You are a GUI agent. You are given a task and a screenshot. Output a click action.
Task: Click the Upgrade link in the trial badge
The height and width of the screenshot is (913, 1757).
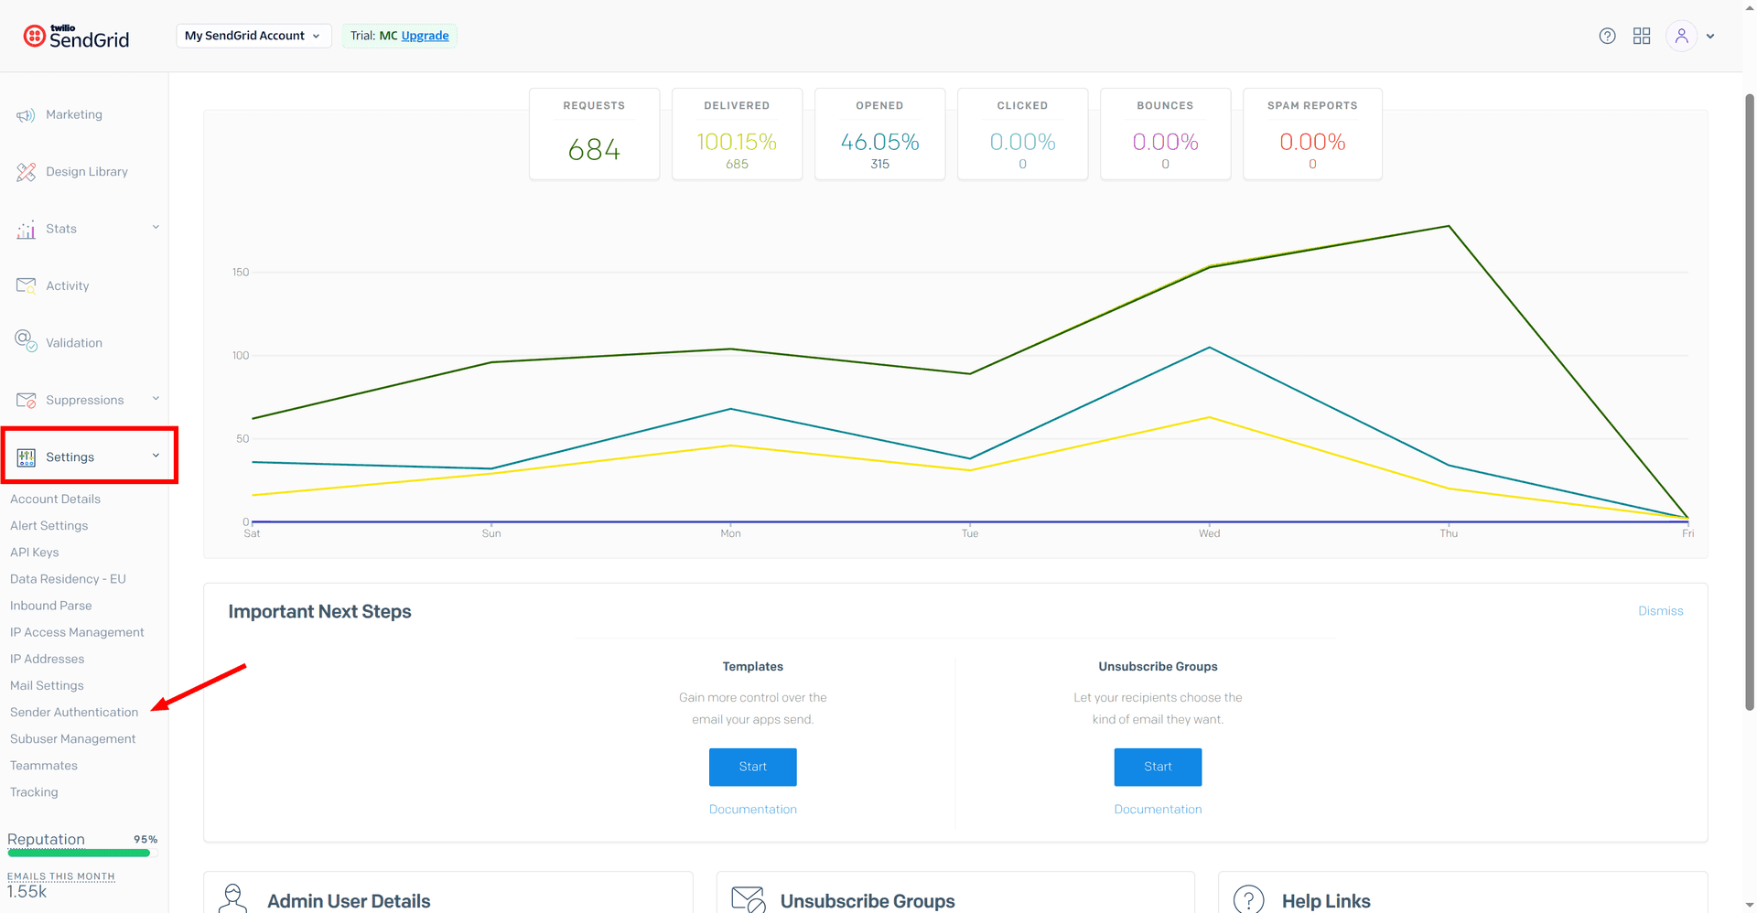coord(425,36)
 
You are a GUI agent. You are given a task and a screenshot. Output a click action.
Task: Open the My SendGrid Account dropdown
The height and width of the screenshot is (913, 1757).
coord(253,36)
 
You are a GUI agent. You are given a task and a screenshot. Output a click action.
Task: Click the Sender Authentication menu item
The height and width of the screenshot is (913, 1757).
coord(74,712)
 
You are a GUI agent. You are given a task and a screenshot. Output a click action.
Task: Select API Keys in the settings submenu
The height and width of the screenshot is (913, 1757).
coord(35,552)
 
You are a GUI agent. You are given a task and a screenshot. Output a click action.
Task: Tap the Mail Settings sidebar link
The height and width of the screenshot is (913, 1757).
coord(47,685)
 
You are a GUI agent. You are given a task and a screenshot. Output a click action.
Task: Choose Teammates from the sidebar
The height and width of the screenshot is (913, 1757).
coord(44,765)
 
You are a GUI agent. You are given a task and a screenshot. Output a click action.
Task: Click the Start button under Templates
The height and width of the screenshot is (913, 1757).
coord(752,767)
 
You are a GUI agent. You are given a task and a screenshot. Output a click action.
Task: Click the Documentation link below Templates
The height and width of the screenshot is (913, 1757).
coord(752,809)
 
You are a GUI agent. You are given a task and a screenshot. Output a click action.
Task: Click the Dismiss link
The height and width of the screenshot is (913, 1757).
coord(1660,610)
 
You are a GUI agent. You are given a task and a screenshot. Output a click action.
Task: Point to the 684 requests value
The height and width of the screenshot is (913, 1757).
coord(594,149)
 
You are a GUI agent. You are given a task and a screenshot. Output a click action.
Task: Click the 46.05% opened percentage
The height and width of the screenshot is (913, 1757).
coord(879,142)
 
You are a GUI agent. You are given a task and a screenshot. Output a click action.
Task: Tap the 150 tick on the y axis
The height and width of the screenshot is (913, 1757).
coord(241,272)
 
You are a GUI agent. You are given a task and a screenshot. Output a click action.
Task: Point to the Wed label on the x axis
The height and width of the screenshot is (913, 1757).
coord(1209,533)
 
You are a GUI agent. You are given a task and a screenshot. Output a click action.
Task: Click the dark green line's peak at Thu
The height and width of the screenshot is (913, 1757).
coord(1449,226)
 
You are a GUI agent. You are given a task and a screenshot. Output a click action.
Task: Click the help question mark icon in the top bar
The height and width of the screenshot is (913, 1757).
coord(1607,36)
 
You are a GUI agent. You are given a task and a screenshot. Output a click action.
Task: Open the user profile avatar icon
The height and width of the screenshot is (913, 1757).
coord(1681,36)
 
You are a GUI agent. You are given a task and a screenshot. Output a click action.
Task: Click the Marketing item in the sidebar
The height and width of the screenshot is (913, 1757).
coord(59,114)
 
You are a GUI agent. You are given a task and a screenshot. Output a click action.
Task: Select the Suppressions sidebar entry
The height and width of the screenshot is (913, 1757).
coord(70,400)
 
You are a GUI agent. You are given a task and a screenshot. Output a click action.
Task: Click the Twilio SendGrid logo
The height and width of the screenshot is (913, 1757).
coord(76,36)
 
